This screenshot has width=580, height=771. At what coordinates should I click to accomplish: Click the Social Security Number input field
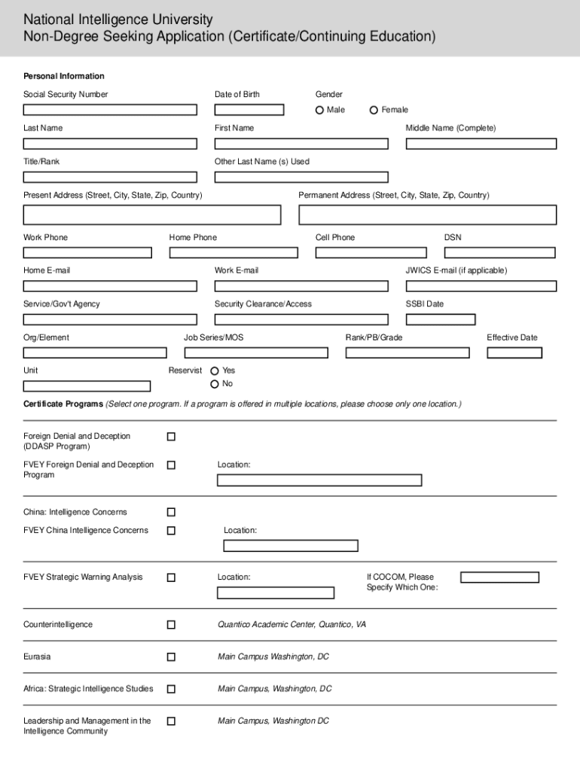[x=110, y=110]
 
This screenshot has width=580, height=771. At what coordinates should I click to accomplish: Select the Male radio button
[x=320, y=110]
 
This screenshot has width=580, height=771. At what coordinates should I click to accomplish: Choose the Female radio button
[x=374, y=110]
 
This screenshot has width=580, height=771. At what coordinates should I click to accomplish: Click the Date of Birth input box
[x=249, y=110]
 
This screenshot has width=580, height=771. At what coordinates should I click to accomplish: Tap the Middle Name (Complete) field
[x=481, y=144]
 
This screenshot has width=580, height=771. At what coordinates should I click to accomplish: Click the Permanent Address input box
[x=427, y=215]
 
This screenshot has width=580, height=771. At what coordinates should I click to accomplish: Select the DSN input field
[x=500, y=253]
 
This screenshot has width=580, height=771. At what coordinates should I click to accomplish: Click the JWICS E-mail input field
[x=481, y=286]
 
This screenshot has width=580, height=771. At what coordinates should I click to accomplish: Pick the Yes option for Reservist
[x=215, y=371]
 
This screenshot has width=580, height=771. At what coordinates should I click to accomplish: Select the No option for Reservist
[x=215, y=384]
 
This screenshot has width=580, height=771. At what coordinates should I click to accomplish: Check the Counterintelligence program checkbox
[x=171, y=625]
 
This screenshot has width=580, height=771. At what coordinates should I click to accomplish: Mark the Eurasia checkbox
[x=171, y=657]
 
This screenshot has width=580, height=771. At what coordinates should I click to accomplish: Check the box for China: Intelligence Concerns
[x=171, y=513]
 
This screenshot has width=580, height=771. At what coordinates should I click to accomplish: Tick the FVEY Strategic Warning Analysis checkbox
[x=171, y=577]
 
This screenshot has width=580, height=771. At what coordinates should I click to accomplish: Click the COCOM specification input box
[x=499, y=577]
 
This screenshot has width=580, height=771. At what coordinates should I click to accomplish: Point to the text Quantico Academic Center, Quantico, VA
[x=292, y=625]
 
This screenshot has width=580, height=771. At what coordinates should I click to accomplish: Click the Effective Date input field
[x=521, y=352]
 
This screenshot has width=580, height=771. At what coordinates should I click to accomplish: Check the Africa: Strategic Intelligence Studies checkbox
[x=171, y=689]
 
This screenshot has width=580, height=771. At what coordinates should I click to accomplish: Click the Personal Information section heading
[x=64, y=76]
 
